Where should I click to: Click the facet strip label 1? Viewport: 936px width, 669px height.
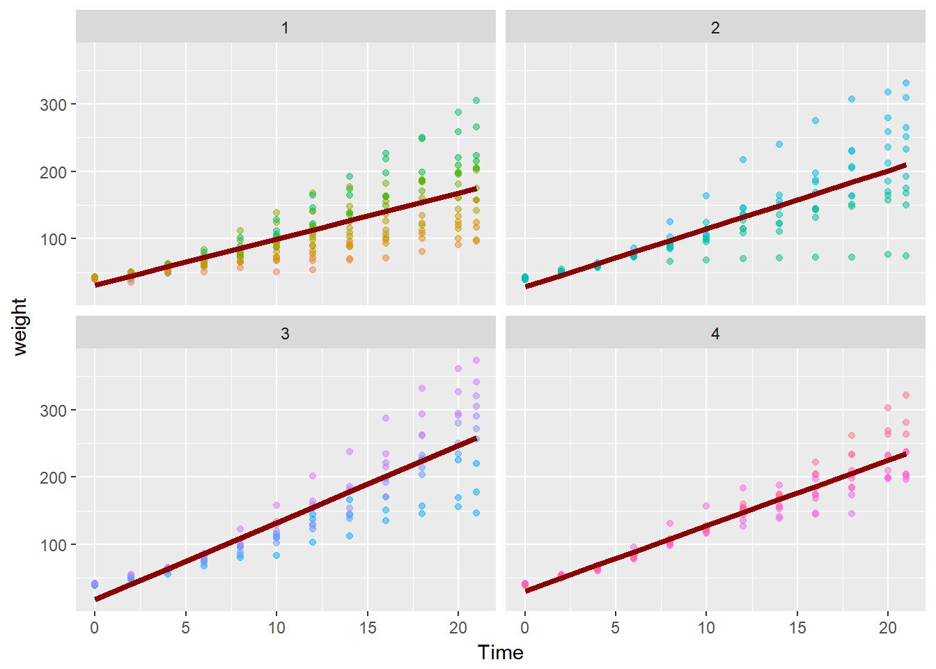click(285, 28)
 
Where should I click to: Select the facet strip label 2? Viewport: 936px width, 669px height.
click(715, 28)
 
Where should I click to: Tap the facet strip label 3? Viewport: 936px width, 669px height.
click(285, 334)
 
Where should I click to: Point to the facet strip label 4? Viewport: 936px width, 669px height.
click(715, 334)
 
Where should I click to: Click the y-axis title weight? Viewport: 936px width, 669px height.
click(19, 327)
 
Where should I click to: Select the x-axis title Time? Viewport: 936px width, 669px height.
click(500, 652)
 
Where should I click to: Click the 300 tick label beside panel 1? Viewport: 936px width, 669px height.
click(54, 105)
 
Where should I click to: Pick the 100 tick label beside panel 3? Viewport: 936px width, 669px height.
click(54, 545)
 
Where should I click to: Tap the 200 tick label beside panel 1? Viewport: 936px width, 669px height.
click(54, 172)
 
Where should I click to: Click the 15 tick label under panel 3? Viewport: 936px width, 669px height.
click(368, 628)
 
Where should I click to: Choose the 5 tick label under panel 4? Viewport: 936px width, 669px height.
click(616, 628)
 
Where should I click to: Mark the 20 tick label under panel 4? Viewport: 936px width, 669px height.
click(888, 628)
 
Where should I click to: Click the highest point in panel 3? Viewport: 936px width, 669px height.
click(476, 360)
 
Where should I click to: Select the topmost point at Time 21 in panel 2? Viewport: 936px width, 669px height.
click(906, 83)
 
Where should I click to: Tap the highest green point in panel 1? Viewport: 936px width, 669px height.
click(476, 100)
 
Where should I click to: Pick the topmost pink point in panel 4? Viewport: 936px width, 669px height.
click(906, 395)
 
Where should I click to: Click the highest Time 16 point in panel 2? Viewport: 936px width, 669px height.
click(816, 121)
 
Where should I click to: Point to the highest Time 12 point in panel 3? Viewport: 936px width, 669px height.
click(313, 476)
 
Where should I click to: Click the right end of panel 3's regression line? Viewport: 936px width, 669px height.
click(476, 438)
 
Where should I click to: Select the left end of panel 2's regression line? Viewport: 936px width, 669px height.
click(526, 286)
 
